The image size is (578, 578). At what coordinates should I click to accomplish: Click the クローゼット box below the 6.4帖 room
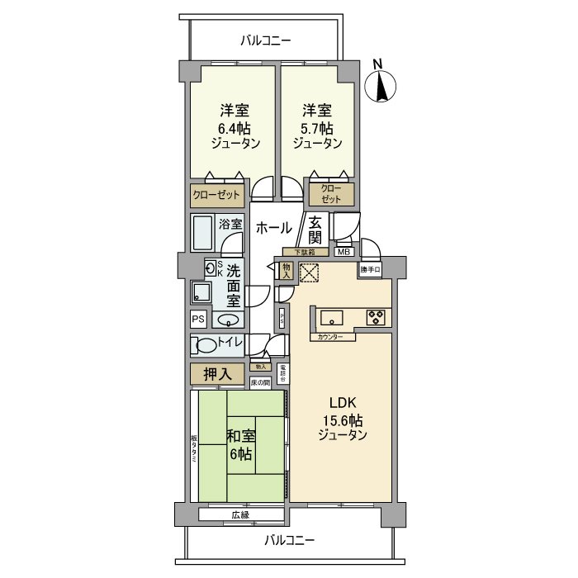[216, 196]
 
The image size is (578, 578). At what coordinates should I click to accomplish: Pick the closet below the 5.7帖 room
[330, 195]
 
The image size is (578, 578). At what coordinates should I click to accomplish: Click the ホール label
[272, 229]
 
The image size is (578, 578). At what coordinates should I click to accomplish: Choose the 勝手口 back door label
[371, 269]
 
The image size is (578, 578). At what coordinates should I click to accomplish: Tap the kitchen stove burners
[376, 316]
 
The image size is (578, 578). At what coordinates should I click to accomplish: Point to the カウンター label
[328, 337]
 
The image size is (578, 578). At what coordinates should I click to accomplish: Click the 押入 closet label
[218, 375]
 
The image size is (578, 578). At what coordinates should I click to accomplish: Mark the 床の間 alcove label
[260, 383]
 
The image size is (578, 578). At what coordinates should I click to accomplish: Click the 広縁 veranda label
[240, 514]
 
